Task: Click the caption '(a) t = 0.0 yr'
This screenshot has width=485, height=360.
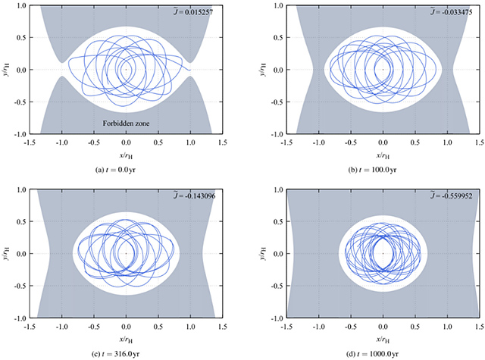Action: click(126, 169)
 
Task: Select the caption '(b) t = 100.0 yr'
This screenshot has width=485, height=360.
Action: click(383, 169)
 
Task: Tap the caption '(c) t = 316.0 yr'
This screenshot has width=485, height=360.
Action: click(126, 352)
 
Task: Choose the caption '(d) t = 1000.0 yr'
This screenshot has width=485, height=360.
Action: click(383, 352)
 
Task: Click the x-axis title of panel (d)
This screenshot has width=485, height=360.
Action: click(383, 338)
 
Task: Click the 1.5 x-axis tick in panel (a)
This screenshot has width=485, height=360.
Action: click(222, 141)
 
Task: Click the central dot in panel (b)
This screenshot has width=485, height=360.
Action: click(383, 70)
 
